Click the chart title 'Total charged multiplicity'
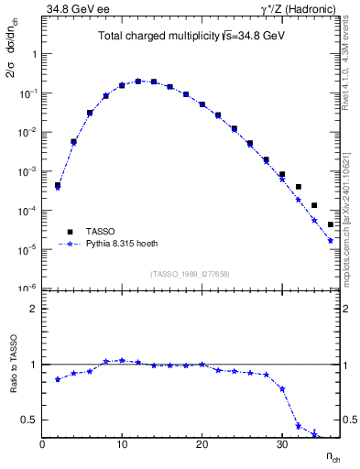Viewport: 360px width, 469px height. click(x=160, y=38)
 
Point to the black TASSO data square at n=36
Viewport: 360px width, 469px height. click(x=331, y=224)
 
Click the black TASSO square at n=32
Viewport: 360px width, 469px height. click(x=299, y=187)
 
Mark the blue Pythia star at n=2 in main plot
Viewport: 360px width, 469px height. click(x=58, y=187)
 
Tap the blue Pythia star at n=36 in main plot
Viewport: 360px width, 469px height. click(x=331, y=241)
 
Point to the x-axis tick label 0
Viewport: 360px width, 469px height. click(x=42, y=446)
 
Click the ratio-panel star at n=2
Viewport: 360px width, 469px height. click(x=58, y=379)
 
